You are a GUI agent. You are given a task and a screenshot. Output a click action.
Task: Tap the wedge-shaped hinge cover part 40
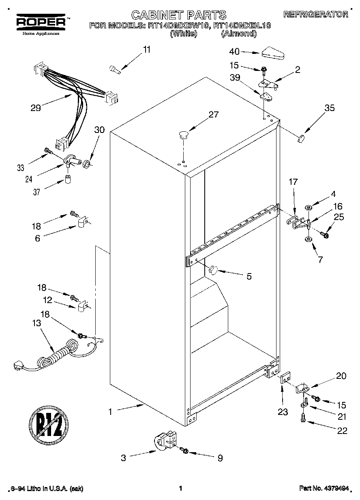274,52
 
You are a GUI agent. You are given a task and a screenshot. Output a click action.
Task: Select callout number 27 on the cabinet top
213,115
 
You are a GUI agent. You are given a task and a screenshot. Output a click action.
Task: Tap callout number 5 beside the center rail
249,276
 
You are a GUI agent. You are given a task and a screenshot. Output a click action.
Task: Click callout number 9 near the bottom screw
220,458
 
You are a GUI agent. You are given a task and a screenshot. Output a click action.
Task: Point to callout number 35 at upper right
329,108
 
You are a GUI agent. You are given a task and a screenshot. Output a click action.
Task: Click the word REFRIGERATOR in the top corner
315,14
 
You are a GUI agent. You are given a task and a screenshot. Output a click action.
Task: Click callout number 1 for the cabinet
110,411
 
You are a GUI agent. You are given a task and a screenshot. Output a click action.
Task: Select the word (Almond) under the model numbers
239,34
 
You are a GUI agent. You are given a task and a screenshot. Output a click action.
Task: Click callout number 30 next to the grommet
99,130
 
